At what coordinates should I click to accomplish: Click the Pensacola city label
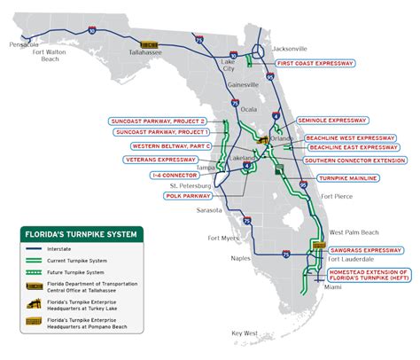[x=22, y=43]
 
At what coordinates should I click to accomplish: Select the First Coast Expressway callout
[x=316, y=65]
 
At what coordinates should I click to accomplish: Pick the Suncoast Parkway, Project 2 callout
[x=158, y=121]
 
